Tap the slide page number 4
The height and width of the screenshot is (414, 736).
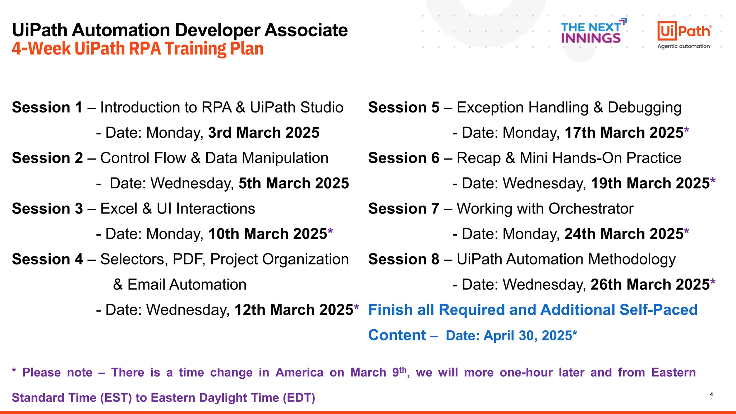click(711, 394)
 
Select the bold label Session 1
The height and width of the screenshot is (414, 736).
click(47, 107)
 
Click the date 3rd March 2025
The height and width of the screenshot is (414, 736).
click(264, 133)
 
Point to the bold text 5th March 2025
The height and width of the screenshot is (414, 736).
click(294, 183)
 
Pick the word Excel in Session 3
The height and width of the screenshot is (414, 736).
click(119, 209)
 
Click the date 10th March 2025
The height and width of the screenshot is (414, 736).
click(268, 234)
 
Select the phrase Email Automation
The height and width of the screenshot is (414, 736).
click(187, 285)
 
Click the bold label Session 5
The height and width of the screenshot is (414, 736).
click(404, 107)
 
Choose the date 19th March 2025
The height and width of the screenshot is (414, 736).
click(650, 183)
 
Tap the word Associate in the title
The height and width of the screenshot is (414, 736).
click(306, 30)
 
